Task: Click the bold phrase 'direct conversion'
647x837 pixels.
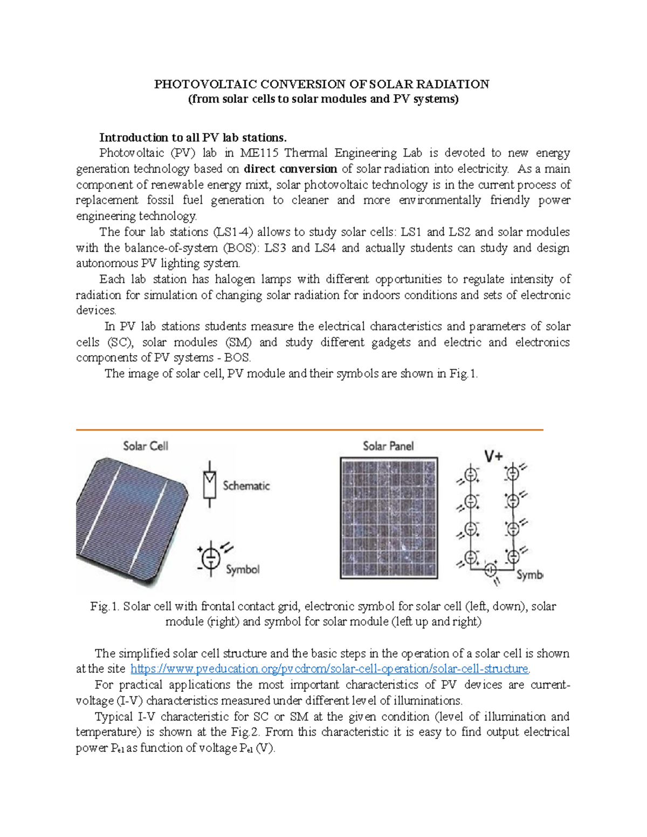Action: point(290,169)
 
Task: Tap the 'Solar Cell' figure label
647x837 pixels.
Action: point(146,446)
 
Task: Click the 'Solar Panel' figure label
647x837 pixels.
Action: point(388,446)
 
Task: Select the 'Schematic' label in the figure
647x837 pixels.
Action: point(246,486)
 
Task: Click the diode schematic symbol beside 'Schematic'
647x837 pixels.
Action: point(209,484)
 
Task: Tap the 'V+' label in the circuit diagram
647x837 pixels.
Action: point(493,456)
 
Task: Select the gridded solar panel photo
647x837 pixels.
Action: point(389,518)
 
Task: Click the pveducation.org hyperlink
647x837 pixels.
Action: point(330,669)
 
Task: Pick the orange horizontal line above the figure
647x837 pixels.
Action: point(309,430)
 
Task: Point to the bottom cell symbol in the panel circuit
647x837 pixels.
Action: point(491,569)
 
